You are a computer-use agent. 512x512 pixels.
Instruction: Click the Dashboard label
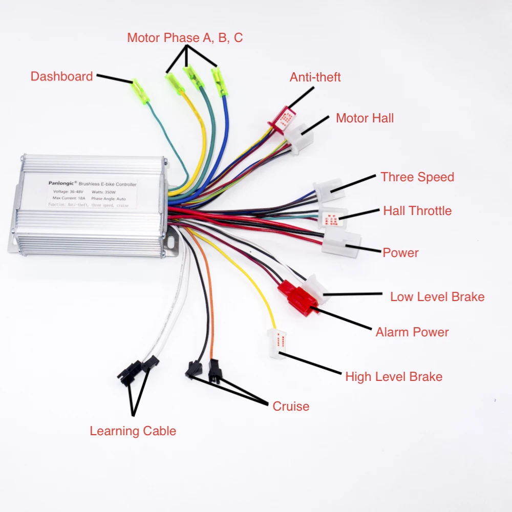click(61, 77)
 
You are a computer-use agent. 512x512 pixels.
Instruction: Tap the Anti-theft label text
click(315, 77)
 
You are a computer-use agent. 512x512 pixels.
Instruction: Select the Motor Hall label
click(365, 118)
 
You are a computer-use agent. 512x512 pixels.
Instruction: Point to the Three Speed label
click(417, 177)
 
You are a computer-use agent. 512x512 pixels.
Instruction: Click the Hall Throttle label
click(417, 210)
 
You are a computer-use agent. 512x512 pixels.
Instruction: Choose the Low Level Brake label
click(437, 297)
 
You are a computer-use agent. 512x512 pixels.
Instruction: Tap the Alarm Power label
click(412, 332)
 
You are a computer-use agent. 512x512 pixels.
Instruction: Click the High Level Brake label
click(393, 377)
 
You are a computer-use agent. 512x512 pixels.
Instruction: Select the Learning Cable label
click(133, 431)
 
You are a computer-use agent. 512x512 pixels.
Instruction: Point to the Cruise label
click(291, 407)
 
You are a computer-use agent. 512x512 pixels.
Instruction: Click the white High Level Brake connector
click(277, 345)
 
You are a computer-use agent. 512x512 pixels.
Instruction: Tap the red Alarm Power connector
click(297, 298)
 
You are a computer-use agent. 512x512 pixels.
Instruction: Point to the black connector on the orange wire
click(215, 371)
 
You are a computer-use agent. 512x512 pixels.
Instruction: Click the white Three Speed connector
click(329, 190)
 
